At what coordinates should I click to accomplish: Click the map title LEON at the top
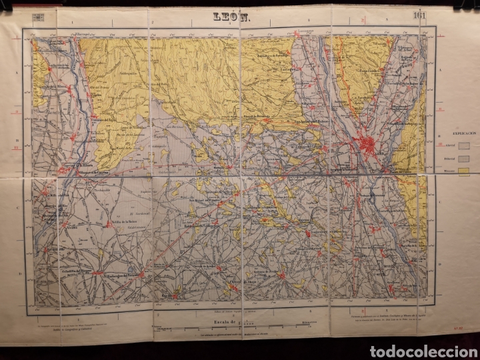click(230, 19)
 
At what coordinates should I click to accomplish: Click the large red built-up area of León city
click(369, 143)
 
